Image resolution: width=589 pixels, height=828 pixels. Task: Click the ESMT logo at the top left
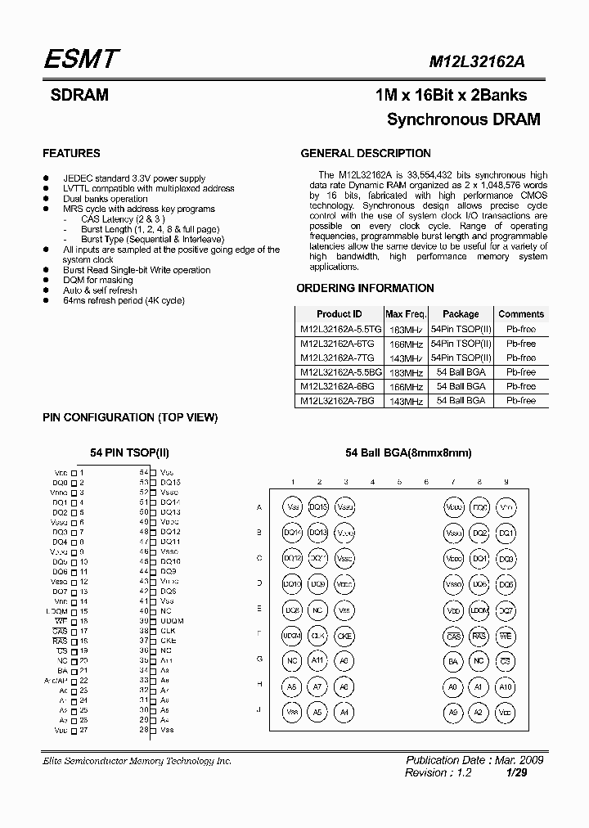(x=82, y=59)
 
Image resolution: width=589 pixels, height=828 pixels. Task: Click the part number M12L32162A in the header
(x=487, y=61)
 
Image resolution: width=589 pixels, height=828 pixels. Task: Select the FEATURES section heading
(x=71, y=153)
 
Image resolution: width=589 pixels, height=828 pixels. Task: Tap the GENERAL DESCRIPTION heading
(x=366, y=153)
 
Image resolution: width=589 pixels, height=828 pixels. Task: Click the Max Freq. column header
(x=405, y=314)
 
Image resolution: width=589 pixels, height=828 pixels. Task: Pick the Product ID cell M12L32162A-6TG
(x=337, y=344)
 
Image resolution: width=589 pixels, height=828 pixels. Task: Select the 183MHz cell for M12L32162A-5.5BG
(x=405, y=372)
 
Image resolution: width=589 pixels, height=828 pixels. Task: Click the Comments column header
(x=520, y=314)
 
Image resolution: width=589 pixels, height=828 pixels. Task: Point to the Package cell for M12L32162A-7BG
(x=461, y=401)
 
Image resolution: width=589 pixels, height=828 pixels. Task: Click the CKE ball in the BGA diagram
(x=345, y=635)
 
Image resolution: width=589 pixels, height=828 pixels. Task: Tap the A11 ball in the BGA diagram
(x=319, y=660)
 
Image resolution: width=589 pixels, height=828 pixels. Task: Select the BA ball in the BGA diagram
(x=453, y=660)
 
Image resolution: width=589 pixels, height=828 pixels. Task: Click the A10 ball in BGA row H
(x=506, y=686)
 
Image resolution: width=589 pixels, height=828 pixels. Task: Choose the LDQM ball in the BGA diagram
(x=479, y=610)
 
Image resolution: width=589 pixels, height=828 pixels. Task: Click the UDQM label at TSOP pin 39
(x=172, y=621)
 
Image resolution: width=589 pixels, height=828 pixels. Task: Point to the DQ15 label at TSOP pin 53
(x=170, y=483)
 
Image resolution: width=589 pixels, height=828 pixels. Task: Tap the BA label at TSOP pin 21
(x=62, y=670)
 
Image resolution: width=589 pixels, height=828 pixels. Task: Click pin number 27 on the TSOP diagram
(x=83, y=729)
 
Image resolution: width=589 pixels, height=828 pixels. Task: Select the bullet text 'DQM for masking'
(x=98, y=280)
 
